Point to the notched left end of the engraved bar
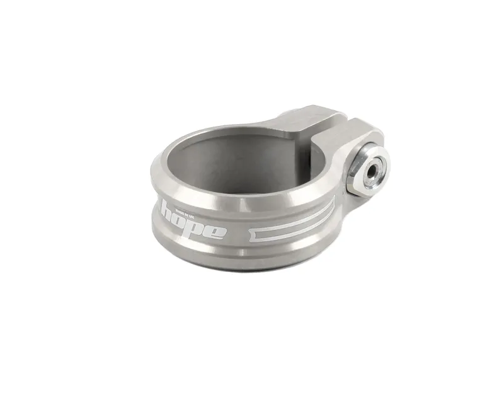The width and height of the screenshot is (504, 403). [256, 234]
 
